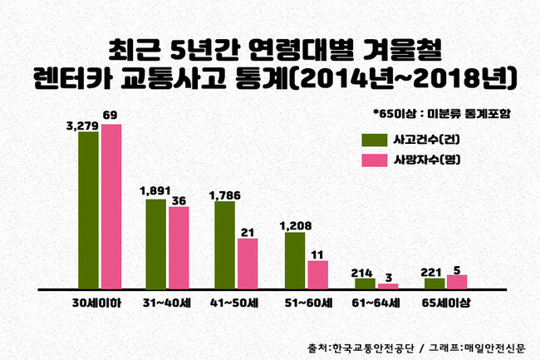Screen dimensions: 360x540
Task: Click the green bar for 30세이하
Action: coord(89,210)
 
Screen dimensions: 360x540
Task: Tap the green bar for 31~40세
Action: coord(155,244)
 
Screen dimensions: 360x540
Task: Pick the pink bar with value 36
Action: coord(179,247)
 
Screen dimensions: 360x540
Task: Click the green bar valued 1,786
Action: coord(224,245)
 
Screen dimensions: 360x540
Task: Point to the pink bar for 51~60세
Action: coord(317,274)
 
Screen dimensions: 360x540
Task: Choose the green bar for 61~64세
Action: coord(365,284)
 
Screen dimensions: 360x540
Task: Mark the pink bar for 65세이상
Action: coord(457,282)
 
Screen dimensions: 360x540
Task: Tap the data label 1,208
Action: coord(295,225)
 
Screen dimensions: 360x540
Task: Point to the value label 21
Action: coord(247,232)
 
